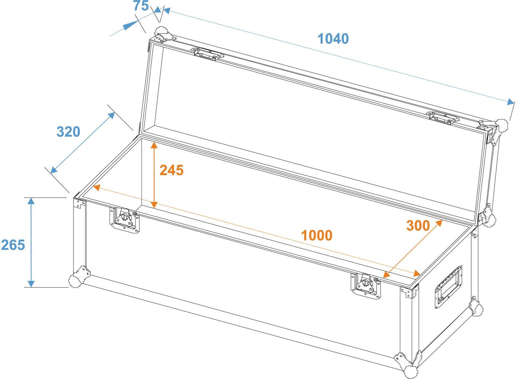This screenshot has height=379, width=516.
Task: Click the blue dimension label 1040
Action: (x=333, y=39)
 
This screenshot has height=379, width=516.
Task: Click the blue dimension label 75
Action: (x=141, y=6)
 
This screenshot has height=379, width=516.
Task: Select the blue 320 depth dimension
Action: (x=68, y=132)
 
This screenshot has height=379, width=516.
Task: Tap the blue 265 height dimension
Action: (x=13, y=245)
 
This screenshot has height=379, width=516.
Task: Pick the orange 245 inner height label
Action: (x=172, y=170)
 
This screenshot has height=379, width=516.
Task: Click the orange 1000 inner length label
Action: (x=316, y=236)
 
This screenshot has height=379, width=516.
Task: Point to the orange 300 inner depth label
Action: (x=418, y=226)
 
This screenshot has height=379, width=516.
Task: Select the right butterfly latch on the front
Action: (x=366, y=284)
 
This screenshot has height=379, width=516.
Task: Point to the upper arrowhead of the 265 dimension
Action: (x=31, y=201)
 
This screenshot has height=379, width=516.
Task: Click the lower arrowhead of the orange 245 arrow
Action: (x=154, y=204)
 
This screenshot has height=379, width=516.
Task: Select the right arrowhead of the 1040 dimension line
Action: (x=511, y=102)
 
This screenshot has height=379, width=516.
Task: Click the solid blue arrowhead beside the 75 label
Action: (x=130, y=25)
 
